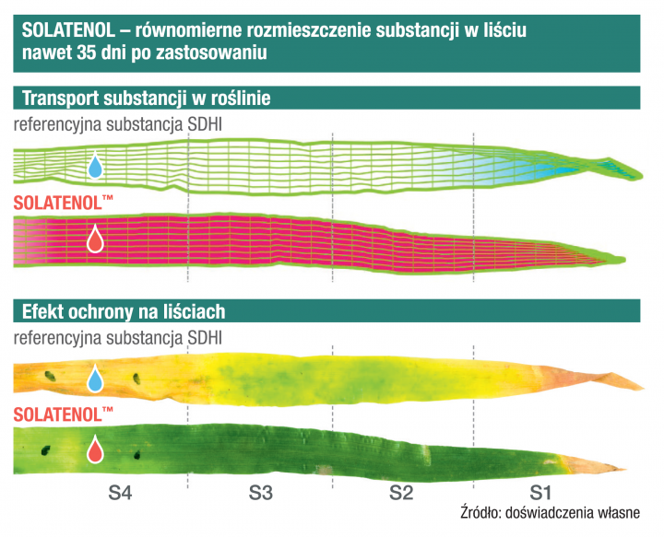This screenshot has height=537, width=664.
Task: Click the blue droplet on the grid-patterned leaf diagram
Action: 95,167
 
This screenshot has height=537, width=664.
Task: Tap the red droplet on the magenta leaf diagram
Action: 95,240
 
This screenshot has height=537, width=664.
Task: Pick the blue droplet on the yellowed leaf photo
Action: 95,379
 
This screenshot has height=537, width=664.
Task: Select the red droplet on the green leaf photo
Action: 95,449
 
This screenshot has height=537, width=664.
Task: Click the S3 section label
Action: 261,494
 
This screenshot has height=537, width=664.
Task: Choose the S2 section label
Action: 400,494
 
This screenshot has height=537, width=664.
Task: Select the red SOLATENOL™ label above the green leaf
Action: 63,411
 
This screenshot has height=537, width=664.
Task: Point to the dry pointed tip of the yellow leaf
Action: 627,380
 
